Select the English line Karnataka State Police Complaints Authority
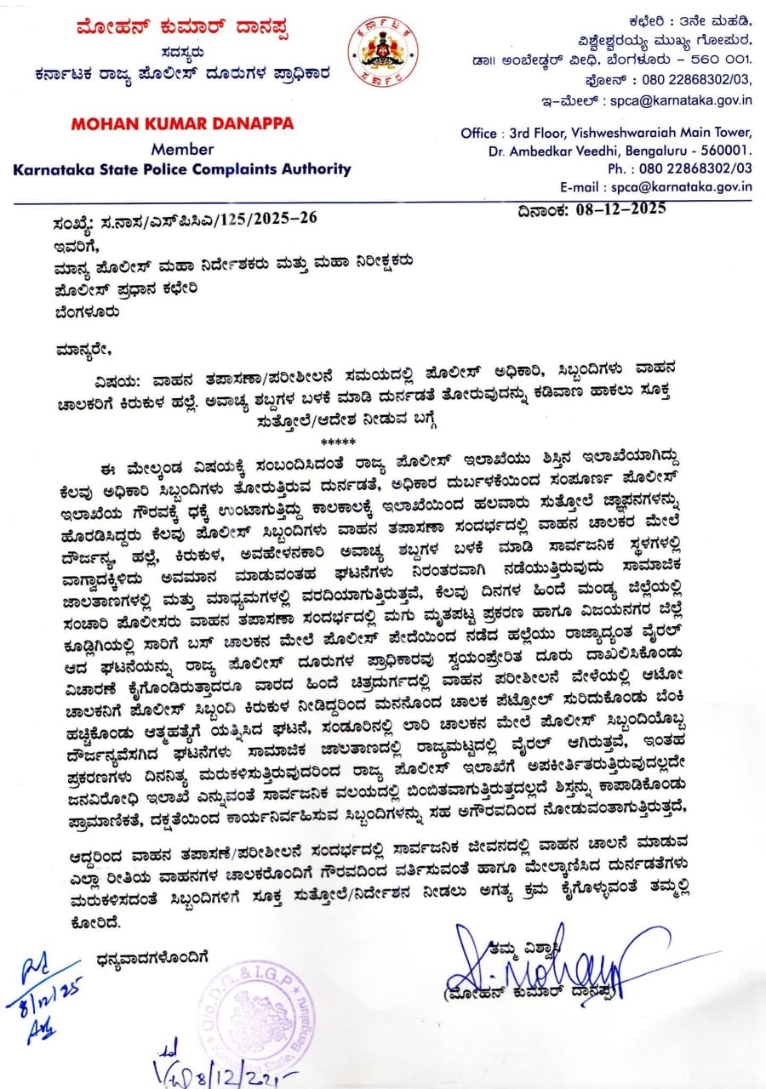(182, 168)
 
